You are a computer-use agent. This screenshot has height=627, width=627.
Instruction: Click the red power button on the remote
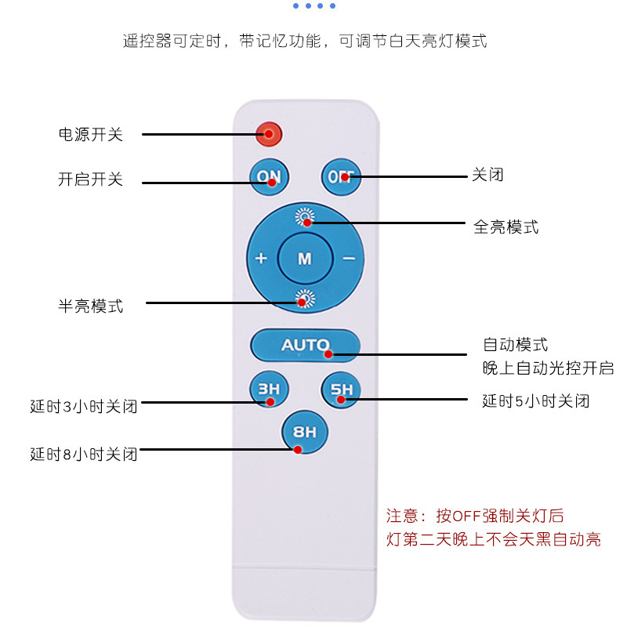point(269,133)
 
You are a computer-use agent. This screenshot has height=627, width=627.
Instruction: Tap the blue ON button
point(269,176)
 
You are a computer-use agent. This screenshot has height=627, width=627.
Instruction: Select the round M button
point(305,258)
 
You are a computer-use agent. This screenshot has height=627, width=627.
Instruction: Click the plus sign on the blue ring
point(261,258)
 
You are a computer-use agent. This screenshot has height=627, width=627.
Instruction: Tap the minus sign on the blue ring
point(349,258)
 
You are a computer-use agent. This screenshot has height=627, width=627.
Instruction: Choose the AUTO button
point(305,344)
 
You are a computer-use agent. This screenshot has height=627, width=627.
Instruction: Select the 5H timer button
point(341,390)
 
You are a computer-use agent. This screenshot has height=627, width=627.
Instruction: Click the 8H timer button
point(305,432)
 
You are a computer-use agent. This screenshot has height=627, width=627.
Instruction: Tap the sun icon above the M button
point(305,217)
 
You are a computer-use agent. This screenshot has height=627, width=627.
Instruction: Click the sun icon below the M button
point(305,298)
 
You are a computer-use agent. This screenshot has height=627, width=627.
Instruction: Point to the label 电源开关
point(90,134)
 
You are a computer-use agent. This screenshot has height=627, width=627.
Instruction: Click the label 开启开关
point(90,179)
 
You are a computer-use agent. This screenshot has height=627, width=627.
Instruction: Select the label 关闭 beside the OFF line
point(487,175)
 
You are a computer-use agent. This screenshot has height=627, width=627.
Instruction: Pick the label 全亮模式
point(506,227)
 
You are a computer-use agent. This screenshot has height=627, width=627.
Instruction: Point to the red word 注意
point(403,516)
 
